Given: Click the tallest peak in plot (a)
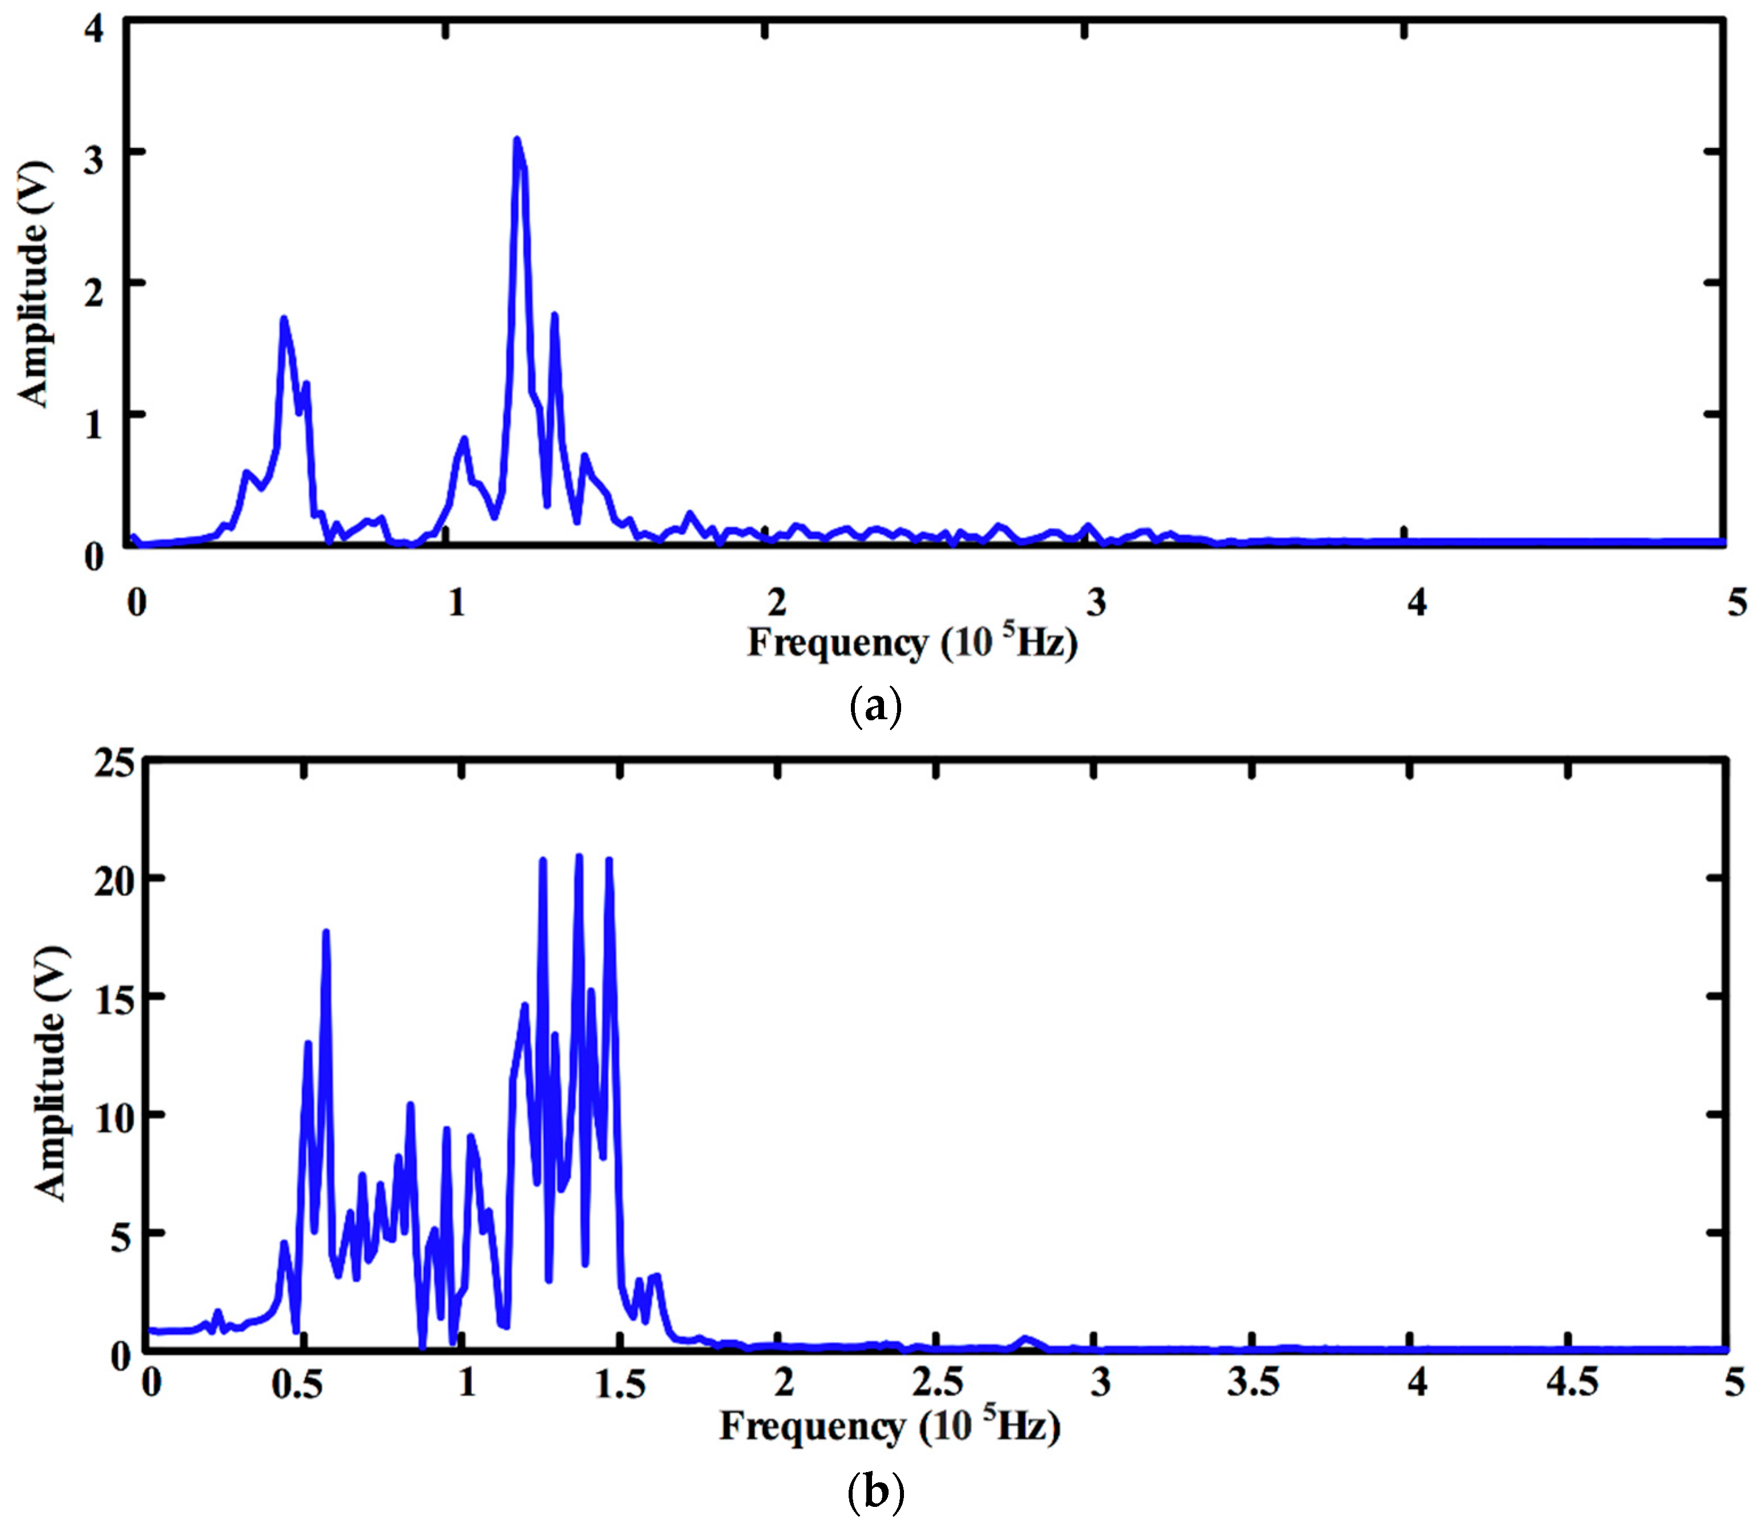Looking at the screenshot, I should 516,140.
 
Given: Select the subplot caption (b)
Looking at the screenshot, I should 875,1492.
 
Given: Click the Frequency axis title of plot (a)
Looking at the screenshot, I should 913,643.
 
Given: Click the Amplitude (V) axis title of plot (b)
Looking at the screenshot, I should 51,1073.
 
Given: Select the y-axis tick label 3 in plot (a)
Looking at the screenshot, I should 93,159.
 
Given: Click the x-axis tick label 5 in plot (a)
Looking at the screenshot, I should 1737,603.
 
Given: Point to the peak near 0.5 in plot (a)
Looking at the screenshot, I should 284,320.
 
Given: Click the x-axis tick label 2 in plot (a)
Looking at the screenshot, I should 776,603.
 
